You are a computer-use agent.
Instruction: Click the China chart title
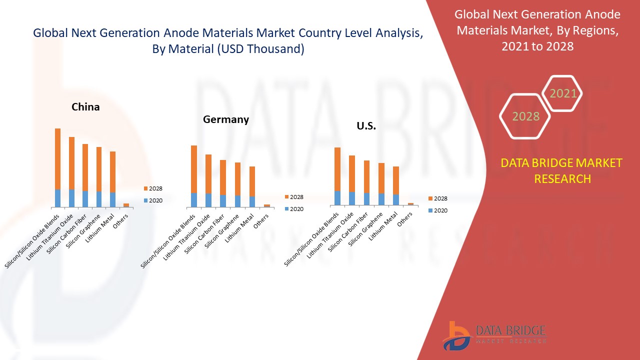pyautogui.click(x=85, y=107)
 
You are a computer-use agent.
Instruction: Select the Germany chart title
pyautogui.click(x=225, y=119)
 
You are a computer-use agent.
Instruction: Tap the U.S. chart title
pyautogui.click(x=366, y=126)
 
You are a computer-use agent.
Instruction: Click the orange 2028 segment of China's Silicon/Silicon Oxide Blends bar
pyautogui.click(x=57, y=158)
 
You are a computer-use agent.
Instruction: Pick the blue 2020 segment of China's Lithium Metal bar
pyautogui.click(x=112, y=199)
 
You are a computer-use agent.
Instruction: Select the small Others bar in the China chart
pyautogui.click(x=126, y=205)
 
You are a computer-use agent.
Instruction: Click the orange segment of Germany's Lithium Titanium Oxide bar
pyautogui.click(x=208, y=173)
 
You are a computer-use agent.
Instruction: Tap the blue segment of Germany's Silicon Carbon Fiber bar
pyautogui.click(x=223, y=201)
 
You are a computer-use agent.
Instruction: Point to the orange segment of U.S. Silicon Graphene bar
pyautogui.click(x=381, y=178)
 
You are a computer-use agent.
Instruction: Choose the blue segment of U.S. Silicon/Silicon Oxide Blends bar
pyautogui.click(x=337, y=198)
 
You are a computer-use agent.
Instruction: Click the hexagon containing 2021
pyautogui.click(x=563, y=93)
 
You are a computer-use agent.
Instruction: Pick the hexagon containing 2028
pyautogui.click(x=525, y=116)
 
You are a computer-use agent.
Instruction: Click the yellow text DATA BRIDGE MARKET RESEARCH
pyautogui.click(x=562, y=171)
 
